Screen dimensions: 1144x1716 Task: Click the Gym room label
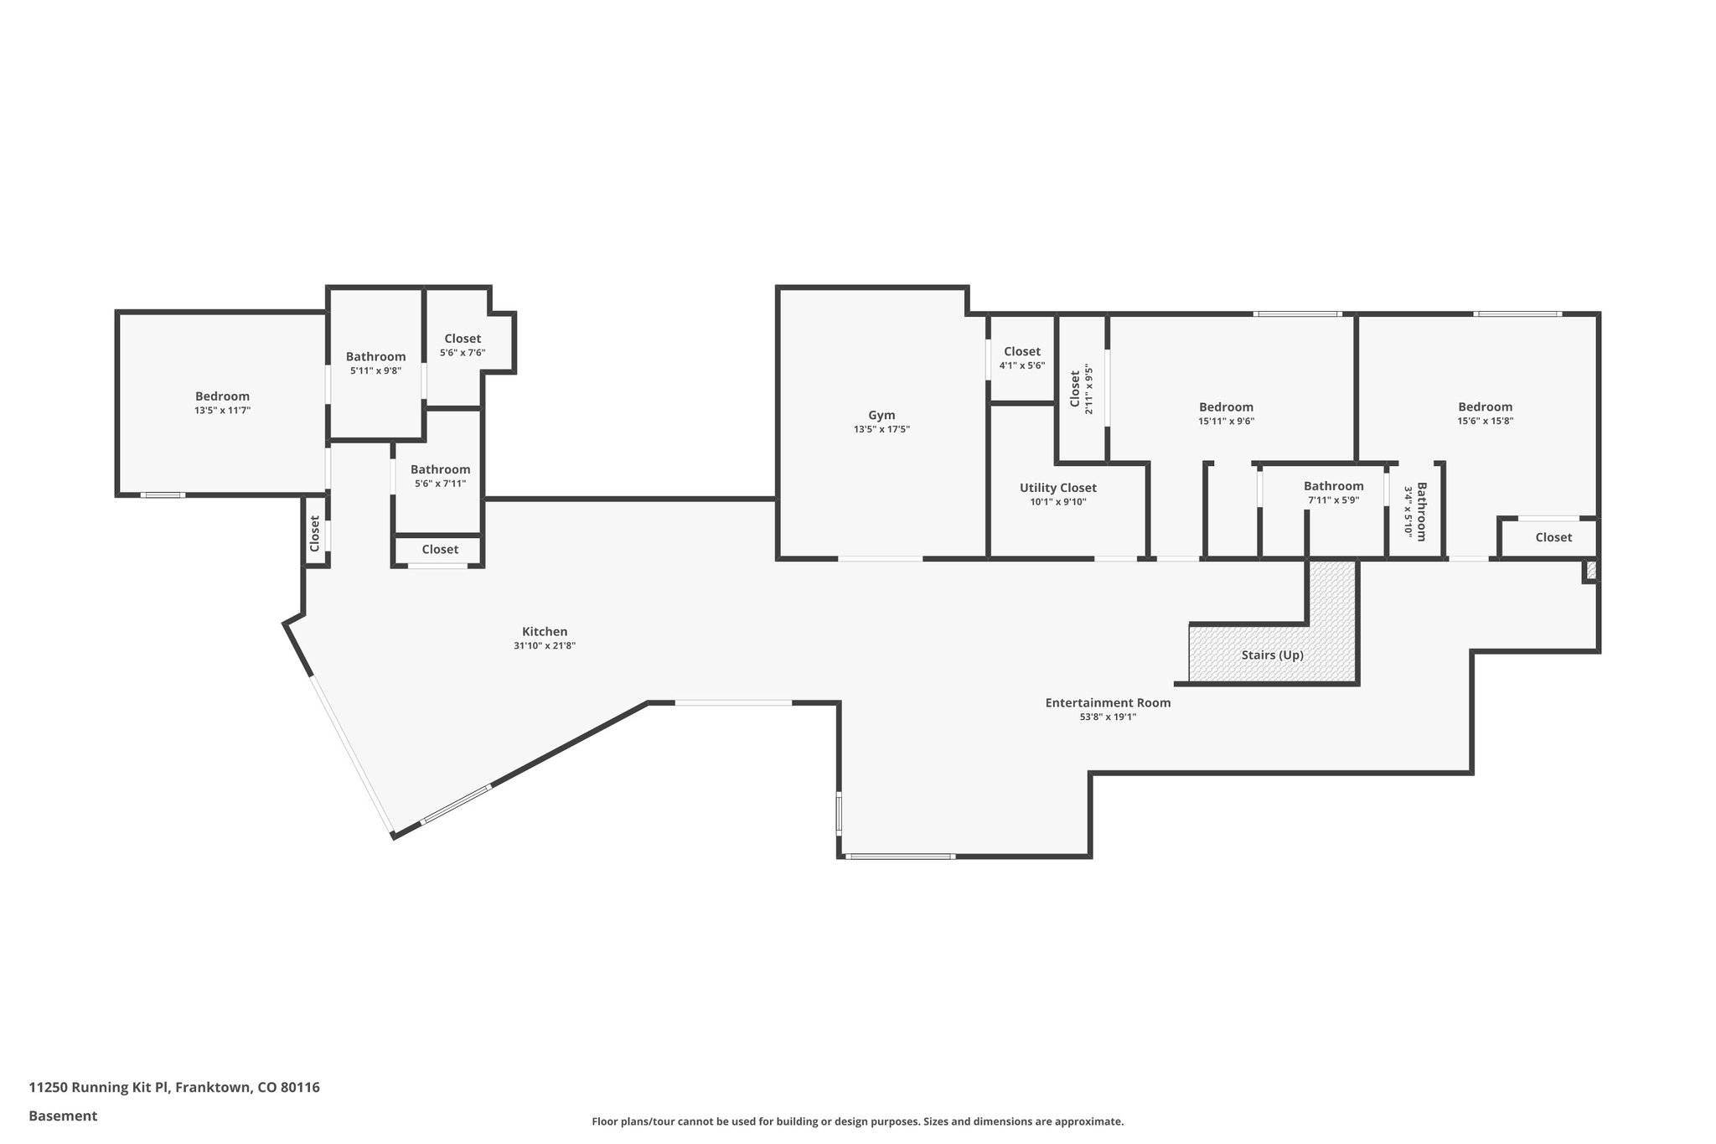pos(881,415)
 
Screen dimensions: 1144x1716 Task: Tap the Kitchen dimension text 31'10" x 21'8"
pos(545,646)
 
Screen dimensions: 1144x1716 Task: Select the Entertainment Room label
pos(1108,703)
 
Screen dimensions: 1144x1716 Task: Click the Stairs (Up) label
pos(1272,655)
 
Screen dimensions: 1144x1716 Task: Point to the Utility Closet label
pos(1057,488)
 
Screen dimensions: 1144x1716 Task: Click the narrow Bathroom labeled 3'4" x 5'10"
pos(1415,511)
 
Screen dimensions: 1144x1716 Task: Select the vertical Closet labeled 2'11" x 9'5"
pos(1082,389)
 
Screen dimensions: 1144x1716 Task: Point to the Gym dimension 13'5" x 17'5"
pos(881,429)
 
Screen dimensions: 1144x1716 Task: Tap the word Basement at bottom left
pos(63,1116)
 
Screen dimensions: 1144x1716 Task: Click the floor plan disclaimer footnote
pos(857,1121)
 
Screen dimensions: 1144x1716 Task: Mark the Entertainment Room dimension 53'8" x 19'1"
pos(1108,717)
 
